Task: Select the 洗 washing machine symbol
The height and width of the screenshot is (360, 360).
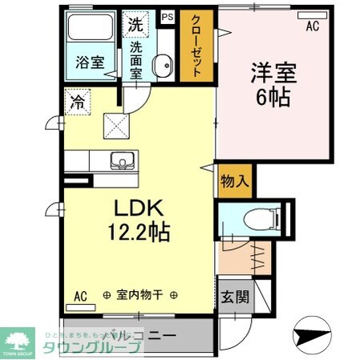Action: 135,24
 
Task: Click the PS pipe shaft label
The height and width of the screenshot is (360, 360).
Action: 168,16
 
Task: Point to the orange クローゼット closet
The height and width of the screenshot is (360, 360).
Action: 196,47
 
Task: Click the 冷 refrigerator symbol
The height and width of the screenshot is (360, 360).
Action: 77,102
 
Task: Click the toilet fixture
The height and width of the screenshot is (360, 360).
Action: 258,216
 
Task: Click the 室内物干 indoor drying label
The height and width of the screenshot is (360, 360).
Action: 134,295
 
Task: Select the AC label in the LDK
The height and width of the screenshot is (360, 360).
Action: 80,295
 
